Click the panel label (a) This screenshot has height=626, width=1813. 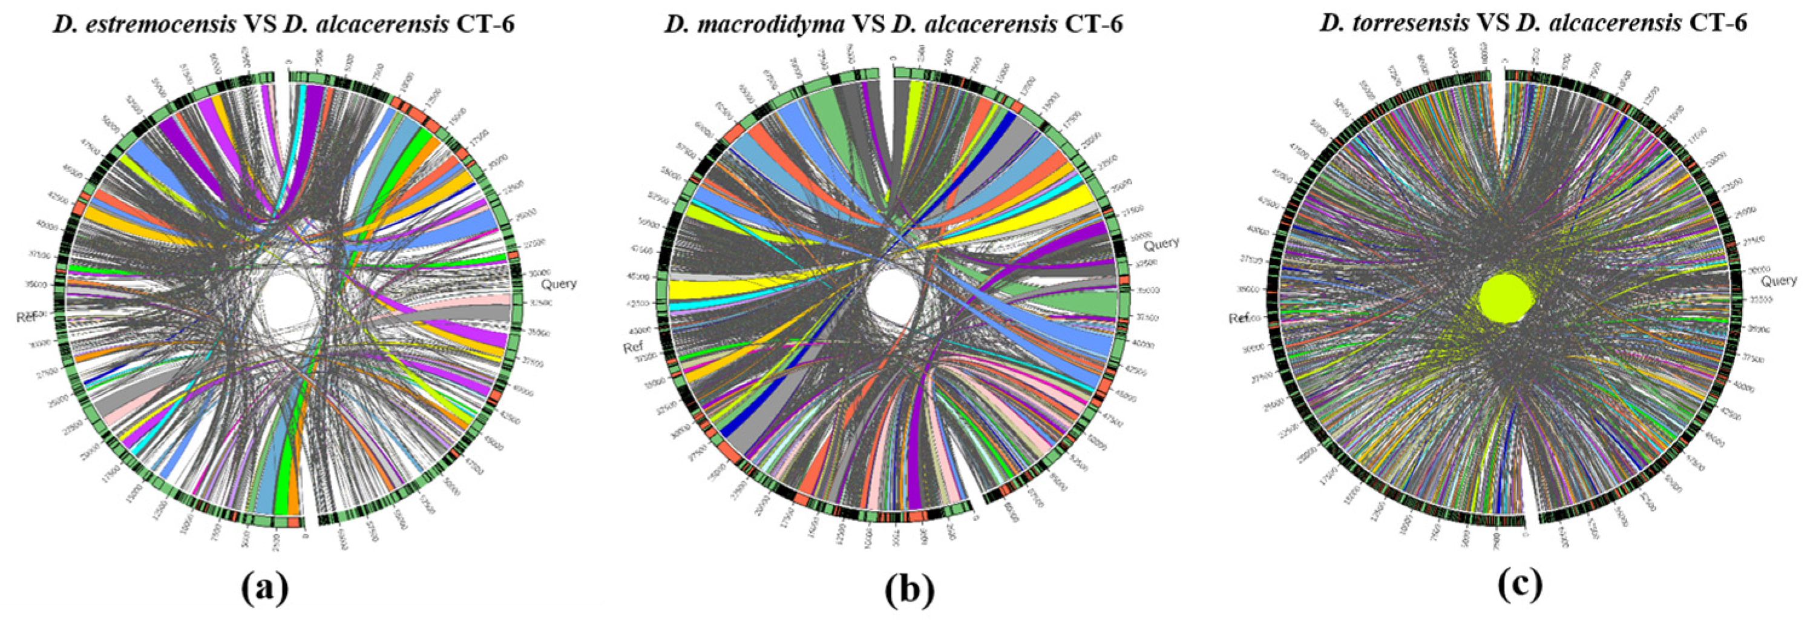pos(264,588)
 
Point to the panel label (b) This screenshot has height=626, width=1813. pos(910,588)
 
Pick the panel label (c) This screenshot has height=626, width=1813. pos(1520,583)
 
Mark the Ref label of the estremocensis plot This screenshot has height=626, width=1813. pos(26,318)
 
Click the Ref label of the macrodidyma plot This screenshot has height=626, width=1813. pos(634,347)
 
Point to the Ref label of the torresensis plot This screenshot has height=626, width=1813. pos(1239,319)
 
